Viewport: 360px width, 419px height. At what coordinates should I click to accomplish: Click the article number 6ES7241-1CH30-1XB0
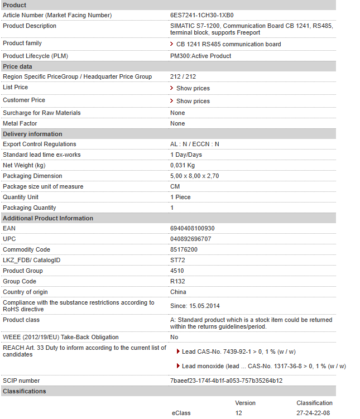(x=201, y=15)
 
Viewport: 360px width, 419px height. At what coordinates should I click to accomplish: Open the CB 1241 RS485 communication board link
(x=228, y=44)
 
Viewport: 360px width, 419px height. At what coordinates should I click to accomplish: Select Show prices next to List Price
(x=193, y=88)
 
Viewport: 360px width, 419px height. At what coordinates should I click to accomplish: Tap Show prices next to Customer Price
(x=193, y=101)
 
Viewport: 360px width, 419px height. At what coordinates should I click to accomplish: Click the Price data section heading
(x=17, y=66)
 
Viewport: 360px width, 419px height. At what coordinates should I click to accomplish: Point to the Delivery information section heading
(x=32, y=134)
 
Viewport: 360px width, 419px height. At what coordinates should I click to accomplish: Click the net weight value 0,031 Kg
(x=183, y=165)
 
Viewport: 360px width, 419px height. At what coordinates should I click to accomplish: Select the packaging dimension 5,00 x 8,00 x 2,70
(x=194, y=176)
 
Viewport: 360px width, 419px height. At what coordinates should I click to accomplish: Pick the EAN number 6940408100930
(x=192, y=228)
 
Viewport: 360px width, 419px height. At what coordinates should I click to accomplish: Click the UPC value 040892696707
(x=190, y=239)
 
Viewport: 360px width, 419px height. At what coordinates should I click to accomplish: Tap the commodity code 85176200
(x=184, y=249)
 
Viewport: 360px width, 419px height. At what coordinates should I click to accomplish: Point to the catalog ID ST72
(x=177, y=260)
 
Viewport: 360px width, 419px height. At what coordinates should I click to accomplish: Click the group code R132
(x=177, y=281)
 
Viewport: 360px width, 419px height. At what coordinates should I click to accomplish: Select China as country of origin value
(x=178, y=292)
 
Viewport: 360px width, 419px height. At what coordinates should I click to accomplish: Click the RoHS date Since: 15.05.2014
(x=195, y=305)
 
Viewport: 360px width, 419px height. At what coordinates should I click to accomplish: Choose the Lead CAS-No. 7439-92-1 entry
(x=238, y=351)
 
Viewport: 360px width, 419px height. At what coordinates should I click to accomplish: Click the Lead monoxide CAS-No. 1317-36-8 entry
(x=263, y=366)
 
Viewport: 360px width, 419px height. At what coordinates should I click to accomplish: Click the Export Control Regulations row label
(x=39, y=144)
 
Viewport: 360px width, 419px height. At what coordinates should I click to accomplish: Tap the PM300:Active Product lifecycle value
(x=200, y=56)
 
